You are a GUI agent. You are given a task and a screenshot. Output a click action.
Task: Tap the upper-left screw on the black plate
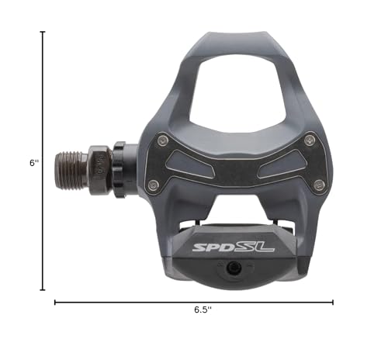162,140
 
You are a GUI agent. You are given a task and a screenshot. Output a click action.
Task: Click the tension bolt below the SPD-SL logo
234,267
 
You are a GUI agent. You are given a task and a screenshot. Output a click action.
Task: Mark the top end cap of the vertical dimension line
42,33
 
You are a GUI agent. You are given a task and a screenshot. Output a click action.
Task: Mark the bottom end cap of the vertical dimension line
42,289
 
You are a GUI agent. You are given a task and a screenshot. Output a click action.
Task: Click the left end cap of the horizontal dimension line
55,303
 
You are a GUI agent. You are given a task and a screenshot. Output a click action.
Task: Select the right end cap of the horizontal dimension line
334,303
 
